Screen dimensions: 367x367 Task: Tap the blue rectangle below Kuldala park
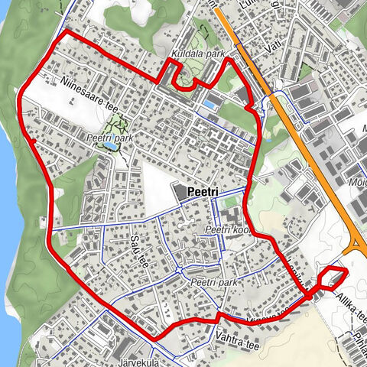point(209,103)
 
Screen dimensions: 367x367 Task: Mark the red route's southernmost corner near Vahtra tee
point(155,337)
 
